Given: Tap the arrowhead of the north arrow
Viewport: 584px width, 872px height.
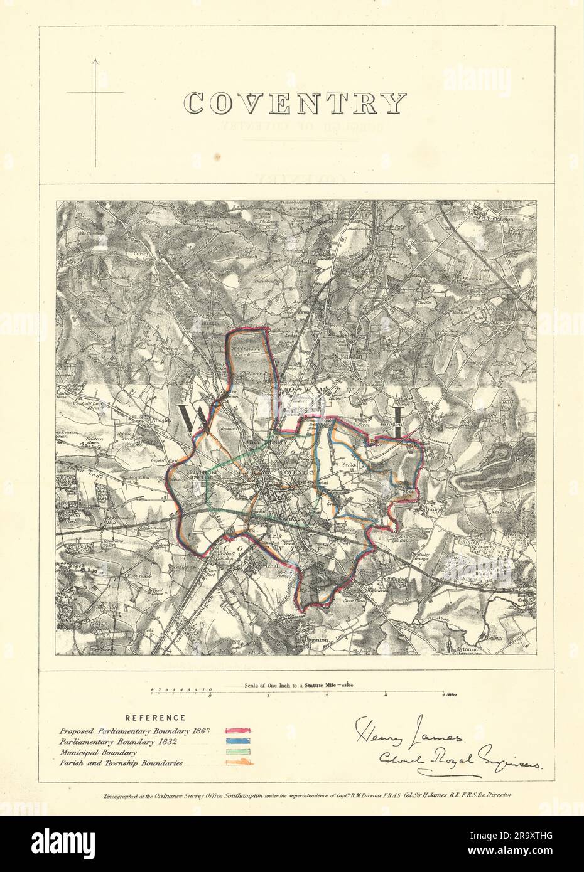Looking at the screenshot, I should click(95, 61).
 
